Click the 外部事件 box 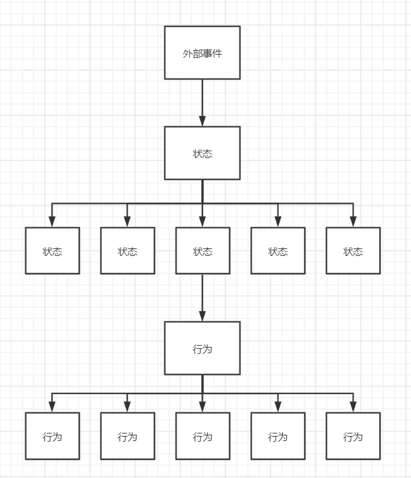(202, 53)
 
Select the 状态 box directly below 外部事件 (202, 153)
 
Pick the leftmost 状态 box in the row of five (53, 251)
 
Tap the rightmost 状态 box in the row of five (353, 251)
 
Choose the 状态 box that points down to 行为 (202, 251)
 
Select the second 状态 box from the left (128, 251)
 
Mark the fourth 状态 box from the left (278, 251)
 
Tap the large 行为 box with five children (202, 348)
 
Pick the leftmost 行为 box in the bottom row (53, 436)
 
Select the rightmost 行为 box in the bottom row (353, 436)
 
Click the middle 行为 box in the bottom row (202, 436)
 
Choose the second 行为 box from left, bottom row (128, 436)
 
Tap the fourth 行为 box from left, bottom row (278, 436)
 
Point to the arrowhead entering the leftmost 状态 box (53, 221)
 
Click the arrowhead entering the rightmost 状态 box (353, 221)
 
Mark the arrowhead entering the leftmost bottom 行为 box (53, 407)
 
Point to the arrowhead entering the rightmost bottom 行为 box (353, 407)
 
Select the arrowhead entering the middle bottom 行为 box (202, 407)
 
